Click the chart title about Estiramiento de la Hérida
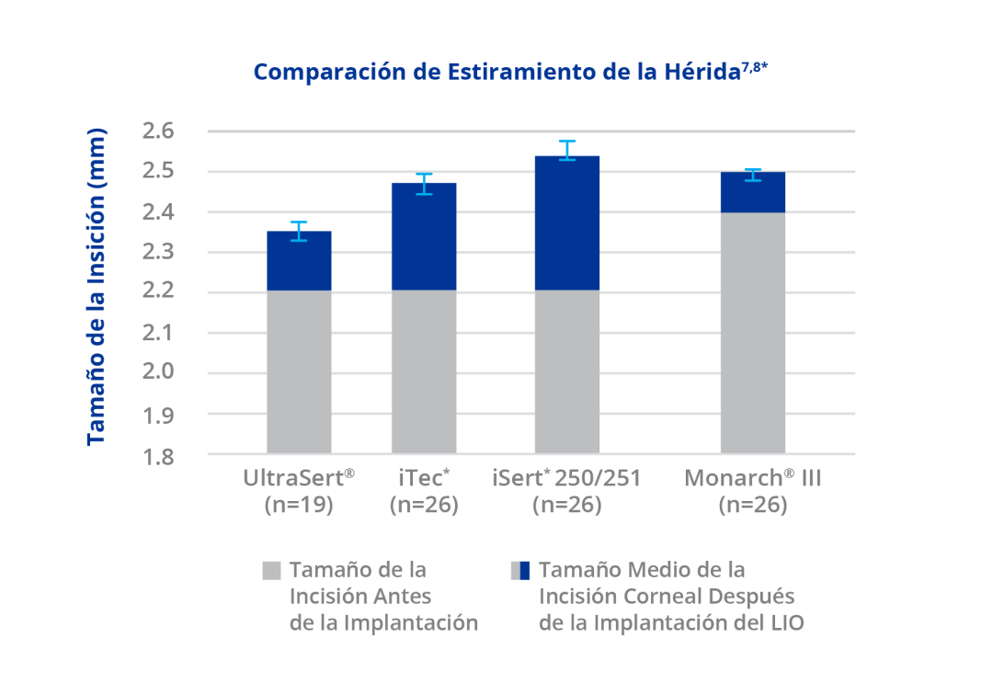pyautogui.click(x=509, y=73)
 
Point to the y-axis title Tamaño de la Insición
pyautogui.click(x=96, y=287)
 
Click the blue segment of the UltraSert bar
pyautogui.click(x=299, y=261)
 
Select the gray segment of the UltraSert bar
pyautogui.click(x=299, y=372)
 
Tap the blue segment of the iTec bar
pyautogui.click(x=424, y=236)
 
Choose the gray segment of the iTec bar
pyautogui.click(x=424, y=372)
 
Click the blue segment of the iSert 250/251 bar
pyautogui.click(x=567, y=222)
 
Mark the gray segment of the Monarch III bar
pyautogui.click(x=753, y=333)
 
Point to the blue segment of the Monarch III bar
pyautogui.click(x=753, y=192)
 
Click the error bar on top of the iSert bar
pyautogui.click(x=567, y=150)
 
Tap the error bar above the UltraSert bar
pyautogui.click(x=299, y=231)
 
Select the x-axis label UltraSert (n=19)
pyautogui.click(x=299, y=491)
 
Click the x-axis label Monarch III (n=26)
pyautogui.click(x=753, y=491)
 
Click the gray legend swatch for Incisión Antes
pyautogui.click(x=271, y=570)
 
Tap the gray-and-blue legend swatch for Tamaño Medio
pyautogui.click(x=519, y=570)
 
